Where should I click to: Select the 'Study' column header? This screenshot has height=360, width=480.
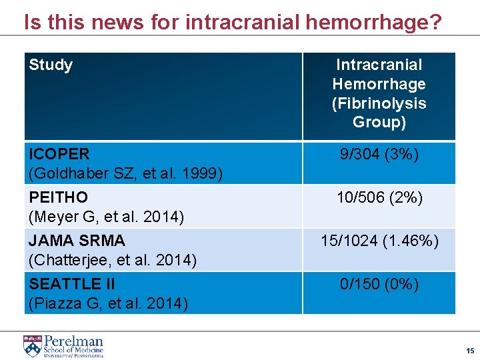click(51, 65)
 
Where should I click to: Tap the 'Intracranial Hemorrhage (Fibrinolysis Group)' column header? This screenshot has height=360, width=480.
click(379, 93)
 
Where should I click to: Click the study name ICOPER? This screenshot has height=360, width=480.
click(59, 154)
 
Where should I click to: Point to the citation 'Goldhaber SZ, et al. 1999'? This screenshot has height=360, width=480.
click(126, 174)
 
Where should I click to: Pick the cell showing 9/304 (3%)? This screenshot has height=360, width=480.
click(379, 155)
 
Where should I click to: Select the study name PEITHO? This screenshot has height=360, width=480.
click(59, 198)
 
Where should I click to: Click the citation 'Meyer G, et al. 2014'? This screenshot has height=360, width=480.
click(106, 217)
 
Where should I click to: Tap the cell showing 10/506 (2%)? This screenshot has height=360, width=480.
click(379, 198)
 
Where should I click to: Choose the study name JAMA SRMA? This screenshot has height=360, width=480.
click(77, 240)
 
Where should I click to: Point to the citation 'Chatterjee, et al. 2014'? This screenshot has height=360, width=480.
click(113, 260)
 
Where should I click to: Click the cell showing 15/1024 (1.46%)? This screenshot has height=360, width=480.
click(379, 241)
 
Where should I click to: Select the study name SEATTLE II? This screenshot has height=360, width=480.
click(72, 284)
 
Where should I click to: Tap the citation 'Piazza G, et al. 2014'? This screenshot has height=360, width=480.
click(108, 303)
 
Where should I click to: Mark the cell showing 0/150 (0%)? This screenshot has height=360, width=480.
click(379, 285)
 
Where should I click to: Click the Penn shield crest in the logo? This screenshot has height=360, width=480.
click(32, 346)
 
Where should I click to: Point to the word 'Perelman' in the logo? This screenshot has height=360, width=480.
click(73, 341)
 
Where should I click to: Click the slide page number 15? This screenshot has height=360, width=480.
click(470, 351)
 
